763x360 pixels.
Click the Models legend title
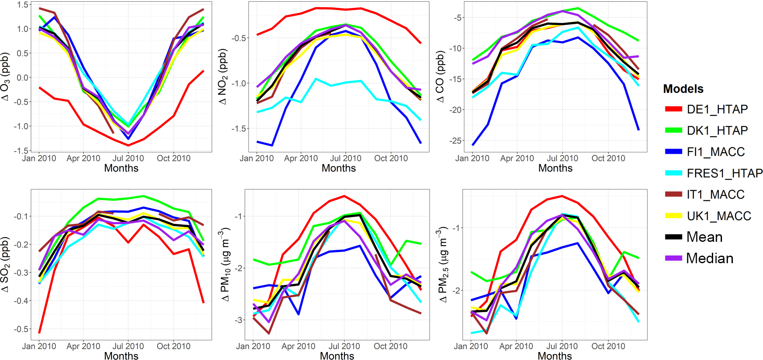(x=683, y=89)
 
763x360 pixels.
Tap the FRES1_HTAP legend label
(x=724, y=173)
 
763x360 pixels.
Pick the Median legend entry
(x=709, y=259)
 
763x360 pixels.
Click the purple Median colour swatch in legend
(x=673, y=259)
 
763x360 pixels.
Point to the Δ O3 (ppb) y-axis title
(x=5, y=76)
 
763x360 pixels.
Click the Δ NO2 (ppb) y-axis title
(x=222, y=77)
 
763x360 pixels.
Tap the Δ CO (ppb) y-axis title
(x=440, y=77)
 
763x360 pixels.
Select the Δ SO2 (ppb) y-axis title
(x=5, y=264)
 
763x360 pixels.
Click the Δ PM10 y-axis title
(x=225, y=264)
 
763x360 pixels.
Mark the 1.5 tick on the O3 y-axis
(x=23, y=5)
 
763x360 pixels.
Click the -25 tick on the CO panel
(x=456, y=141)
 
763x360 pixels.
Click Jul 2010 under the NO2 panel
(x=346, y=158)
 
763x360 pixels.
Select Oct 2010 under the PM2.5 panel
(x=608, y=347)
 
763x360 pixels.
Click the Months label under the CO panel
(x=555, y=168)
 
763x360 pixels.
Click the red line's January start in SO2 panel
(x=39, y=333)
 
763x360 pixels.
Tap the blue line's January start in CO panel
(x=473, y=145)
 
